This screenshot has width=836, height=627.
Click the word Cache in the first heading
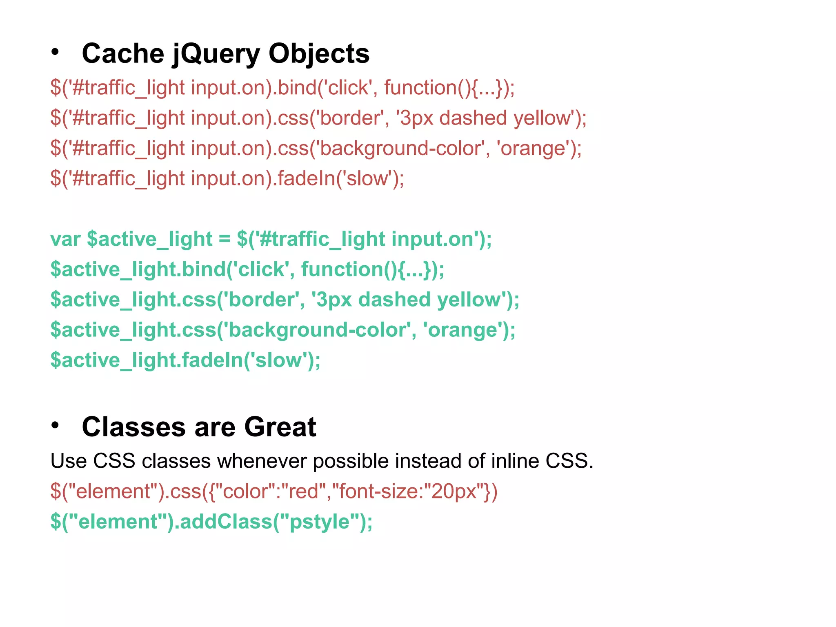pyautogui.click(x=122, y=53)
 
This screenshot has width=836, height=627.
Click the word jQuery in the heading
pyautogui.click(x=216, y=54)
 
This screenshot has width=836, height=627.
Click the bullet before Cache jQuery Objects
pyautogui.click(x=55, y=52)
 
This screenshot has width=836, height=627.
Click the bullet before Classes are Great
pyautogui.click(x=55, y=425)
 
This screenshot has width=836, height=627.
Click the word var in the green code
pyautogui.click(x=65, y=239)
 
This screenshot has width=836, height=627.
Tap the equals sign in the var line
pyautogui.click(x=225, y=239)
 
